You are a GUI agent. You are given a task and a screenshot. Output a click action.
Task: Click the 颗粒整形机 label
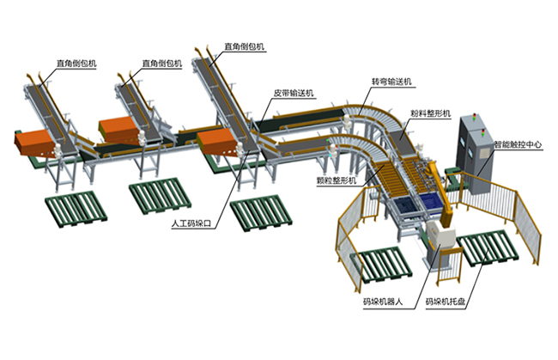(x=337, y=180)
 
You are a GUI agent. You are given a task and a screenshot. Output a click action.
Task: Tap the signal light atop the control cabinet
(x=473, y=116)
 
